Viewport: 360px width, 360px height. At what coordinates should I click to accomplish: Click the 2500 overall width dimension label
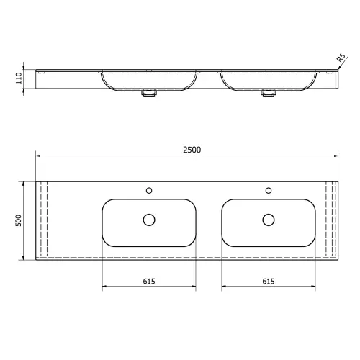(x=192, y=150)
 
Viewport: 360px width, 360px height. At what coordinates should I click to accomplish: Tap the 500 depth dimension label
(x=19, y=220)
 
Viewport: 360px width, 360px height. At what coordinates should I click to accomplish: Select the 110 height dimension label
(x=19, y=78)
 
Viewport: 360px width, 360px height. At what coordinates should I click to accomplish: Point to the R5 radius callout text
(x=341, y=58)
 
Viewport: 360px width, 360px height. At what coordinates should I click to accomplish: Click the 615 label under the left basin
(x=149, y=281)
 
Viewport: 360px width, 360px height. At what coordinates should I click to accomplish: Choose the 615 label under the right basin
(x=269, y=281)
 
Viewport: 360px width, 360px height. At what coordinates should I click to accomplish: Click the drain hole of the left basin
(x=149, y=220)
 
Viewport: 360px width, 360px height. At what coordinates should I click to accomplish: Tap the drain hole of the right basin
(x=269, y=220)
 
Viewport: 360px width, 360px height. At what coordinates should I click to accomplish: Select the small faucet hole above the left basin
(x=149, y=191)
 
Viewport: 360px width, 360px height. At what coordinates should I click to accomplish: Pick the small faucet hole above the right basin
(x=269, y=191)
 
